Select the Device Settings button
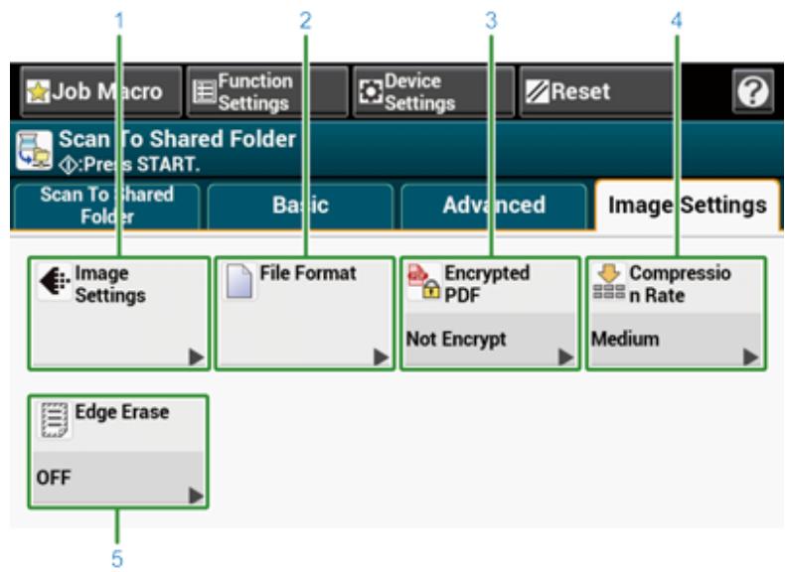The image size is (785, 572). point(433,94)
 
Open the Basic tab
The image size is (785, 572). point(300,205)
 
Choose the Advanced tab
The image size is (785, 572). point(493,205)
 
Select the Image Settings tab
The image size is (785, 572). point(686,205)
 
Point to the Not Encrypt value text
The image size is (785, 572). point(449,339)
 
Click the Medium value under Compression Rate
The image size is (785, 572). point(611,339)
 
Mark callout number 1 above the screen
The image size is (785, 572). point(119,18)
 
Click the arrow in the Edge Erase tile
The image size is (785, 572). point(195,494)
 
